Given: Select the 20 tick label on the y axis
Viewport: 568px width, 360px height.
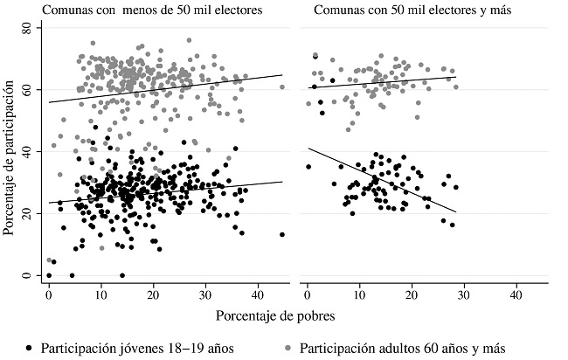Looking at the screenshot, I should [26, 214].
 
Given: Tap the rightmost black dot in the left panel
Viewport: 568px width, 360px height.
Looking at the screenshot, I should [282, 234].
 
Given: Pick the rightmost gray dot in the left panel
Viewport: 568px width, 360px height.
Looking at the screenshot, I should [282, 87].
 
